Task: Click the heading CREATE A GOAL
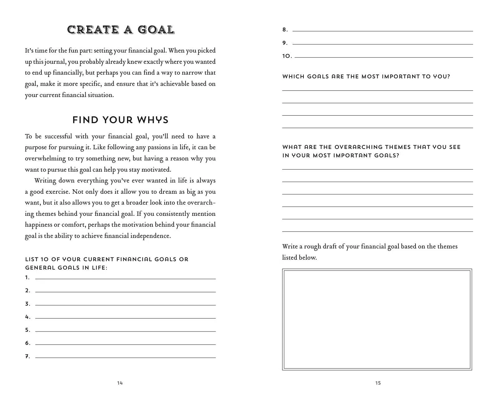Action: pyautogui.click(x=121, y=30)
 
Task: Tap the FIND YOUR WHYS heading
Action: pyautogui.click(x=120, y=120)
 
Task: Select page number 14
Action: pyautogui.click(x=120, y=383)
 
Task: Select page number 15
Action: pyautogui.click(x=378, y=383)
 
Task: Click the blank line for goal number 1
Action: pyautogui.click(x=125, y=278)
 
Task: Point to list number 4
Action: pyautogui.click(x=28, y=317)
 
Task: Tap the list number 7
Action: pyautogui.click(x=28, y=356)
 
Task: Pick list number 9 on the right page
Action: pyautogui.click(x=285, y=43)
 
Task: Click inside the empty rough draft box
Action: pyautogui.click(x=377, y=319)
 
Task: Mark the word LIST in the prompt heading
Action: pyautogui.click(x=31, y=259)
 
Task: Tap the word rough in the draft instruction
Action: pyautogui.click(x=312, y=247)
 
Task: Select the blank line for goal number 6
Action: pyautogui.click(x=125, y=344)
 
